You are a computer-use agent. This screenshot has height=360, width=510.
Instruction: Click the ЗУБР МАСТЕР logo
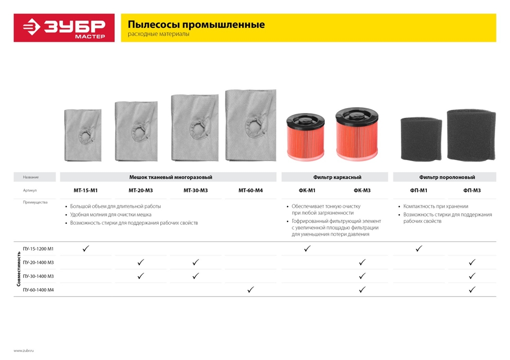click(x=64, y=28)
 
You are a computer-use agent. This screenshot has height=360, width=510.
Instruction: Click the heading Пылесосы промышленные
click(x=196, y=24)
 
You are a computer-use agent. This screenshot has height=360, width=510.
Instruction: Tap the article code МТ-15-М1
click(x=85, y=190)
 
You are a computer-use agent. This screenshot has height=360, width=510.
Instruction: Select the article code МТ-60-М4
click(x=250, y=190)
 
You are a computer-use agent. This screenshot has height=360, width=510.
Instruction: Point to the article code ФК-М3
click(x=362, y=190)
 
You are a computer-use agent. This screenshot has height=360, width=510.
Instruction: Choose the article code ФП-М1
click(x=419, y=190)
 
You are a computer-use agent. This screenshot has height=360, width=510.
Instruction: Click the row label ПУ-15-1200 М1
click(x=38, y=249)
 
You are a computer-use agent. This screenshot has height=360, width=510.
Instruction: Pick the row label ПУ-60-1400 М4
click(x=38, y=290)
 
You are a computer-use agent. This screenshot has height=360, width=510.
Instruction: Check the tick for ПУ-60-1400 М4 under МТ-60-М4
click(x=250, y=290)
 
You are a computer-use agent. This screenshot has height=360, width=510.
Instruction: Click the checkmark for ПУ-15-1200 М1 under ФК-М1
click(x=307, y=249)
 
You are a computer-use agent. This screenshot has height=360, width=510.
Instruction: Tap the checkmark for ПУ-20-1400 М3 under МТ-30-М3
click(x=195, y=262)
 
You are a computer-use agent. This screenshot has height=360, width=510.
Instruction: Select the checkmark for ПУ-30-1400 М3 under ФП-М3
click(x=472, y=276)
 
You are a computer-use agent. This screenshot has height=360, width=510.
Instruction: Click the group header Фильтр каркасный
click(x=337, y=177)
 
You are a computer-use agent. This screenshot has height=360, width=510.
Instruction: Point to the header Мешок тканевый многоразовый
click(x=170, y=177)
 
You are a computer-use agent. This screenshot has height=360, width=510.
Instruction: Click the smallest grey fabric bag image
click(x=83, y=135)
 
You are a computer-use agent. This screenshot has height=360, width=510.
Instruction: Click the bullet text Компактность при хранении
click(x=436, y=207)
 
